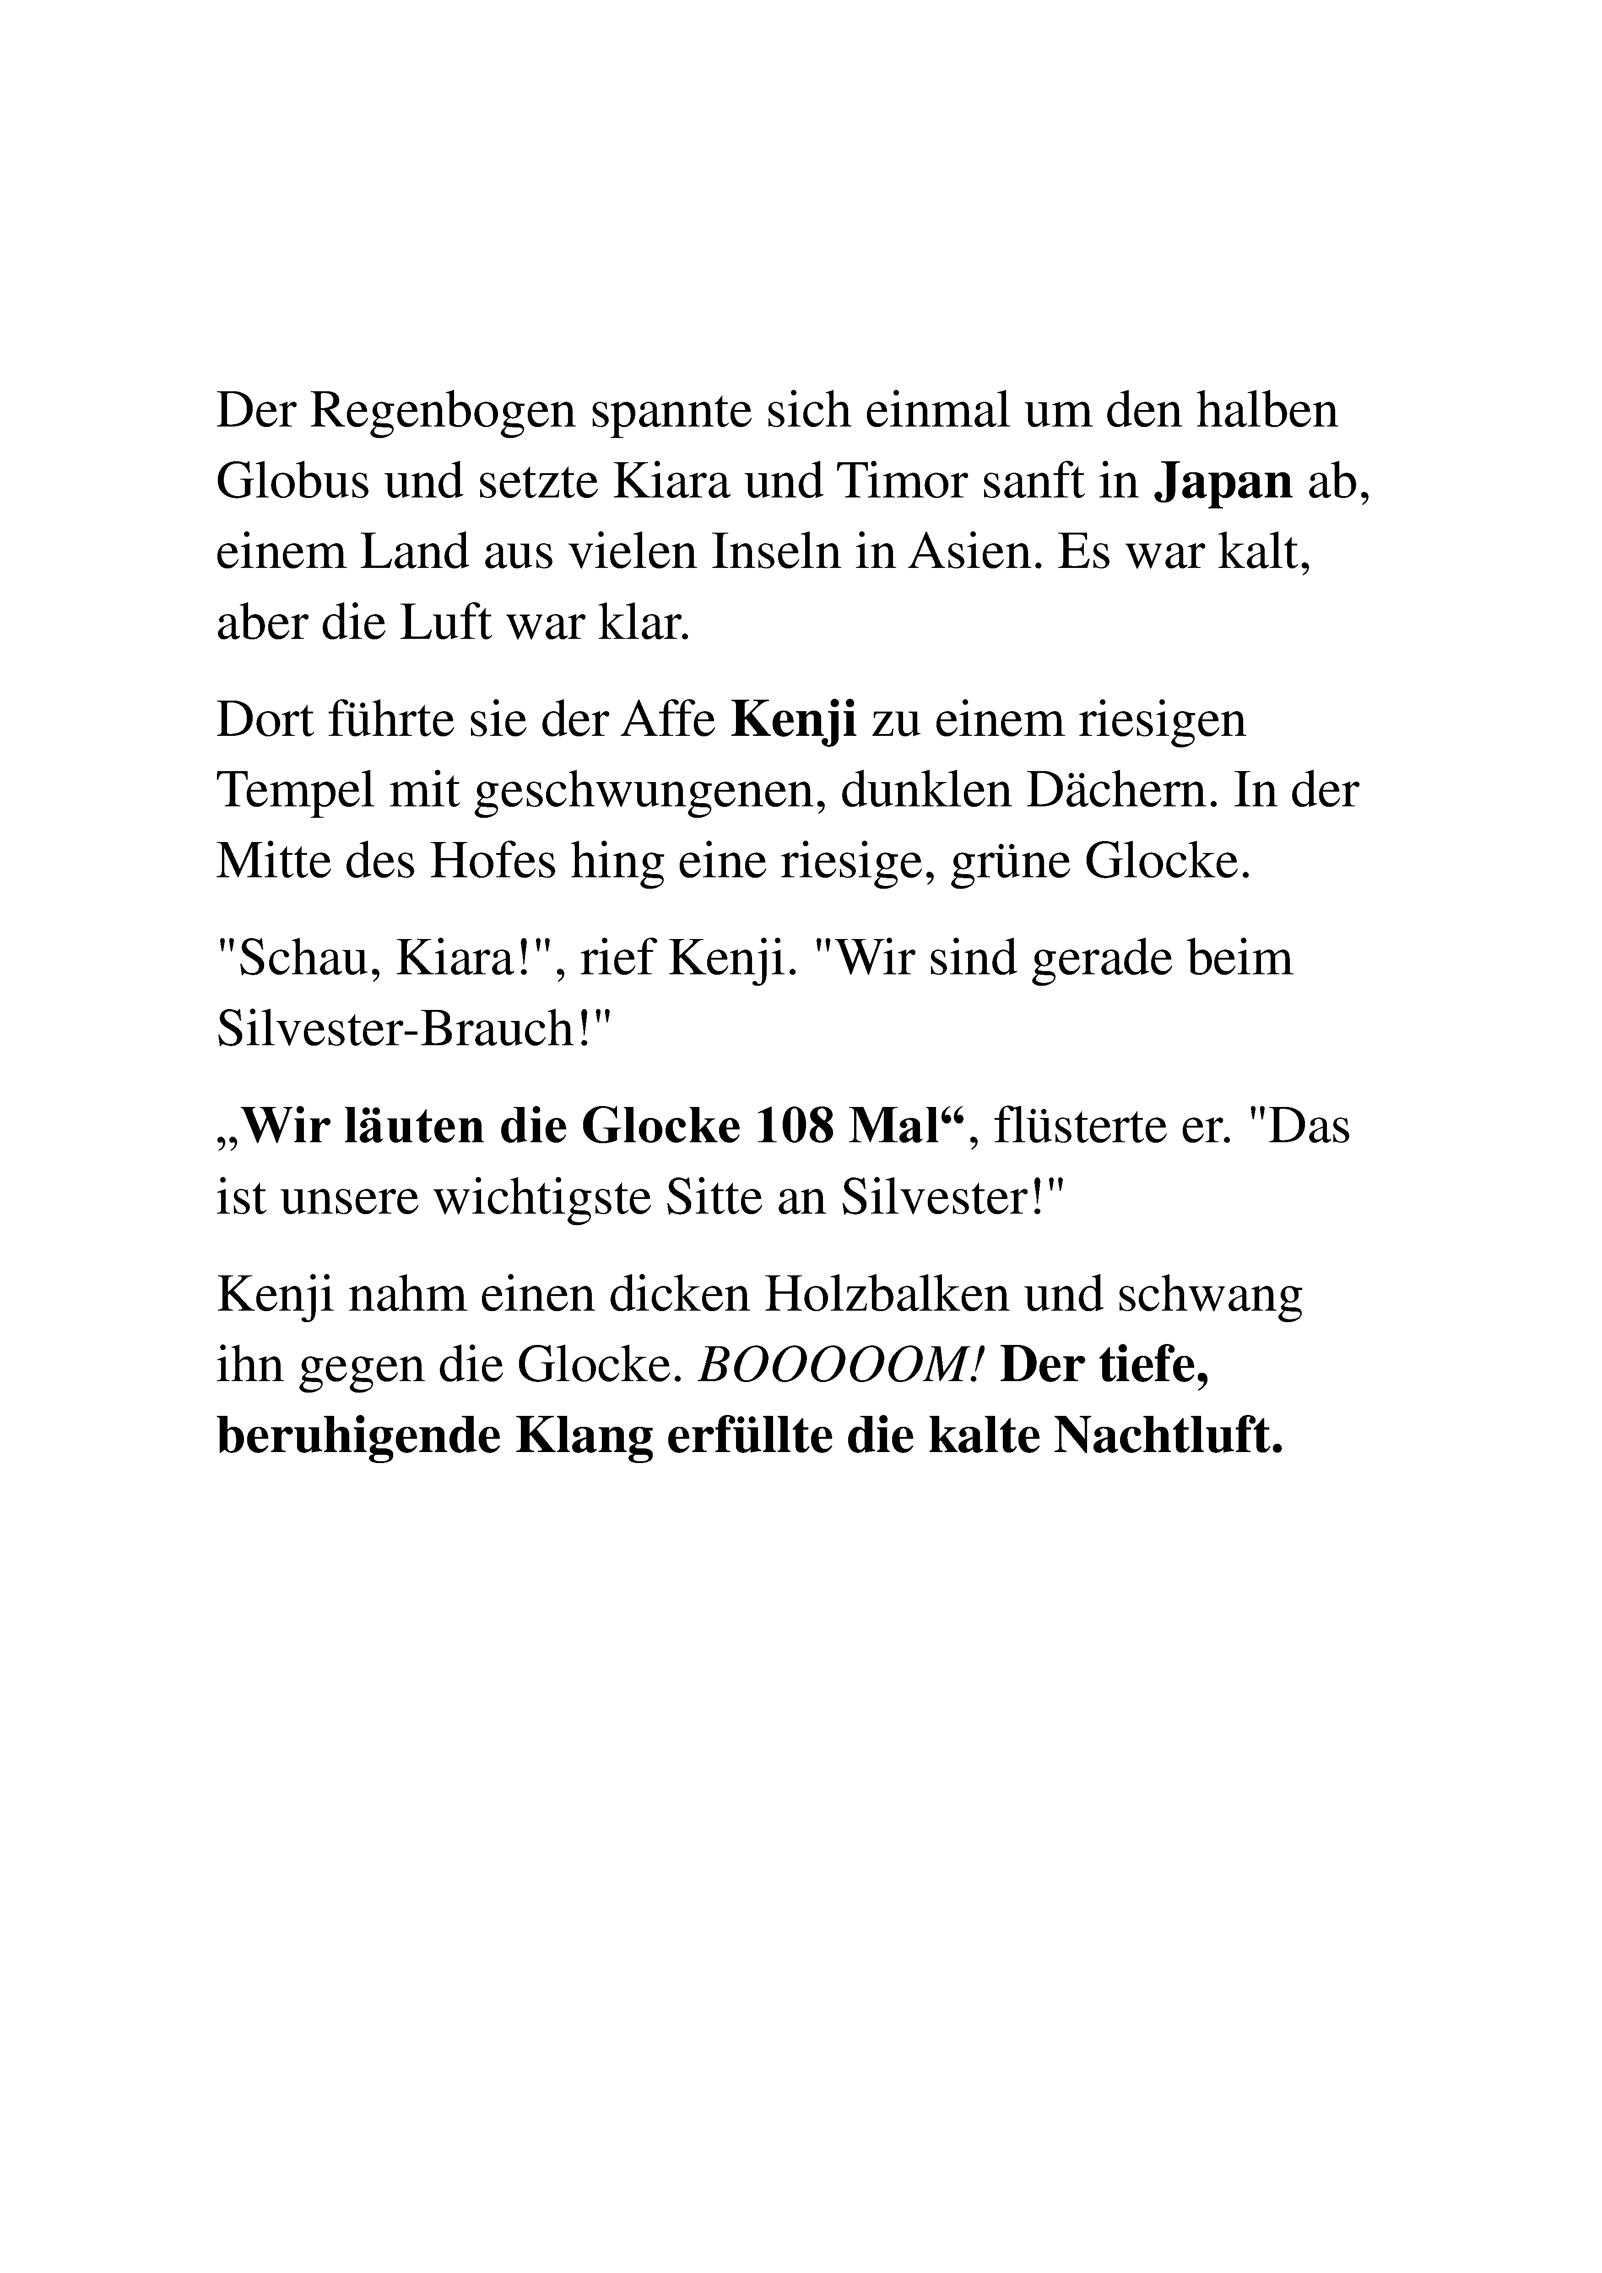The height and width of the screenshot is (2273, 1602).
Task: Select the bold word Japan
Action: click(1225, 482)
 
